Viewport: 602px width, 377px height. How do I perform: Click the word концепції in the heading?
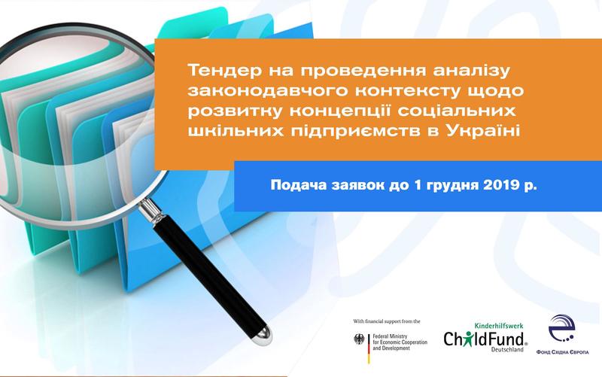tap(340, 111)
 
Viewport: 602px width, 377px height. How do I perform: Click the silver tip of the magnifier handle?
tap(264, 335)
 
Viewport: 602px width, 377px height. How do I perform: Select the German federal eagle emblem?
tap(359, 339)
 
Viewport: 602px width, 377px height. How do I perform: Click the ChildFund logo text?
tap(485, 339)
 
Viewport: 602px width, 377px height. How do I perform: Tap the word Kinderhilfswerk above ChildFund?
tap(499, 326)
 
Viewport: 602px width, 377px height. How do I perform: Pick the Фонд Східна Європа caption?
tap(562, 352)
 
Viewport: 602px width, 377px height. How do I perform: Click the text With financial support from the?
tap(387, 321)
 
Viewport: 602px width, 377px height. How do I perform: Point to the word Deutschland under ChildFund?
tap(507, 350)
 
